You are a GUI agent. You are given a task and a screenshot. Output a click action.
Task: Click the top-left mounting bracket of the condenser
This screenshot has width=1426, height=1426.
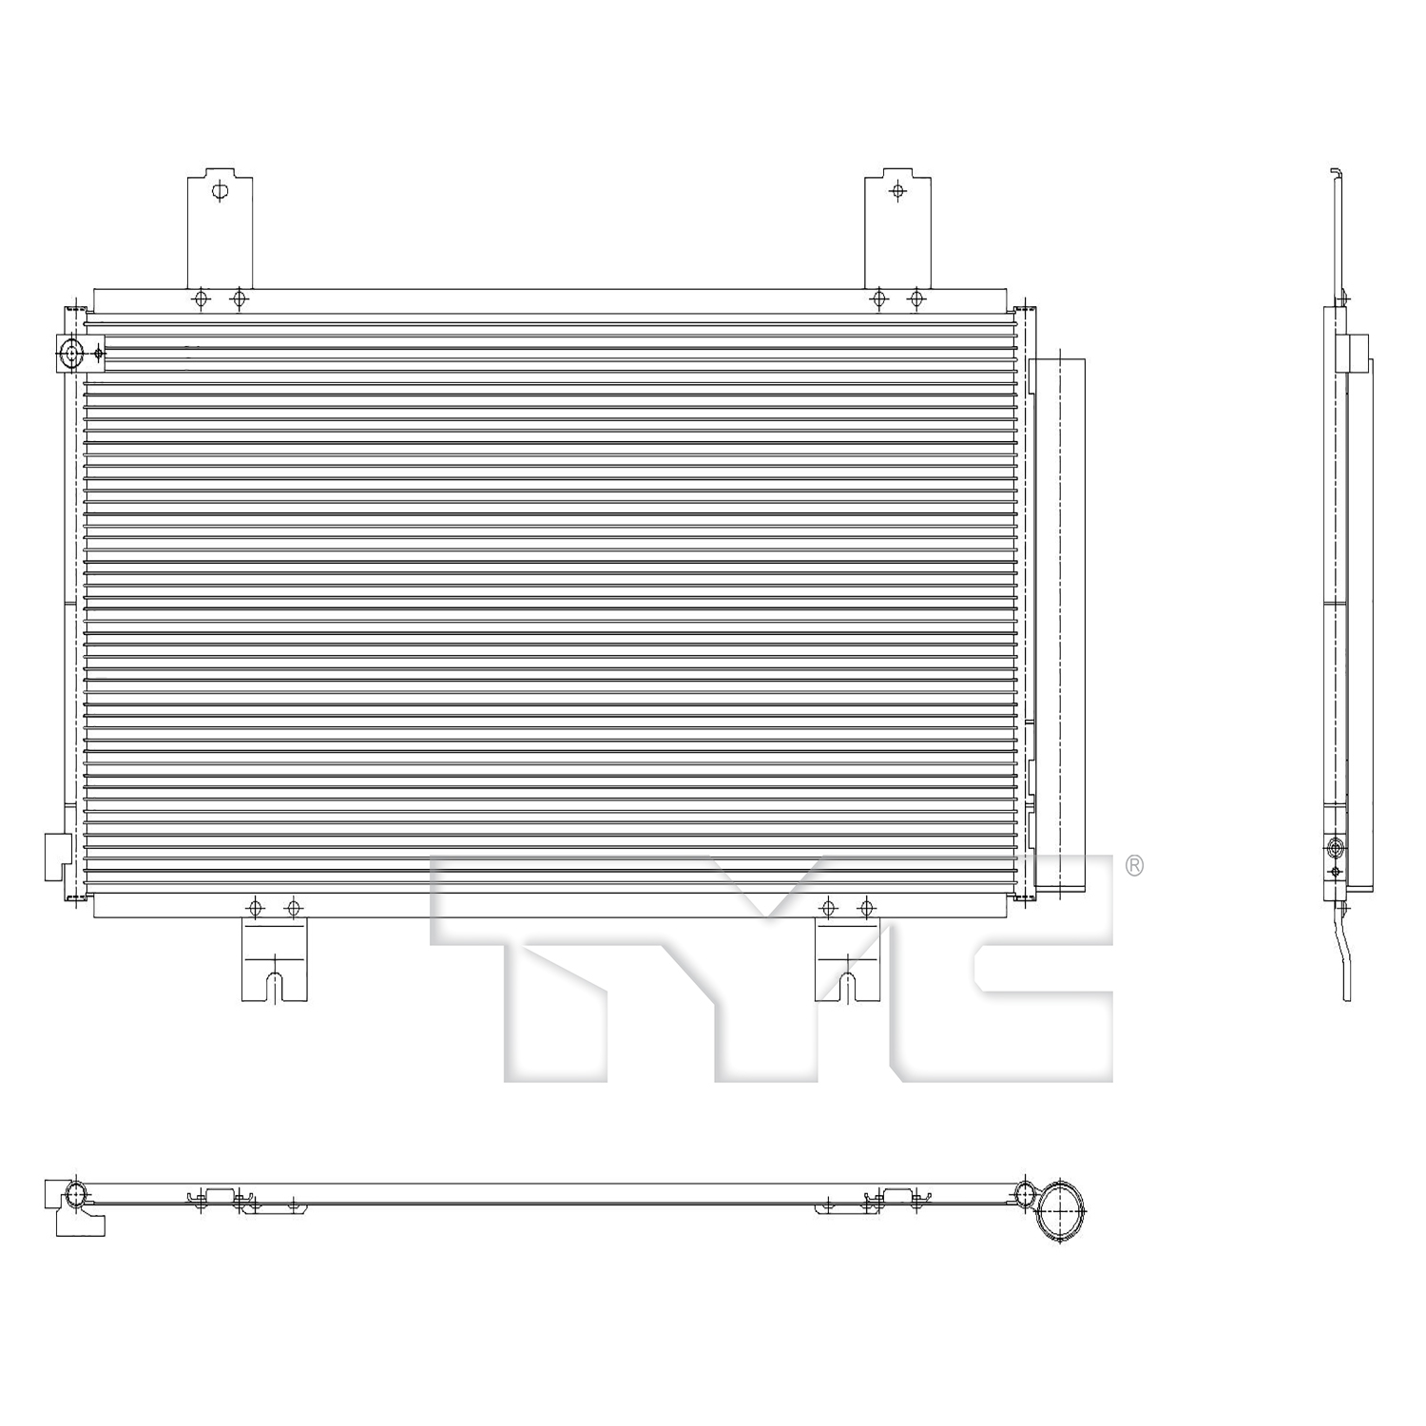tap(220, 228)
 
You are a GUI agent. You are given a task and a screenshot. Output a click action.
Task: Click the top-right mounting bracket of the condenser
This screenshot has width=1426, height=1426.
tap(897, 228)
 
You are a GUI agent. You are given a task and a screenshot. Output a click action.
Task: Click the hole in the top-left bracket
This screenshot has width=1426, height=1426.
tap(221, 191)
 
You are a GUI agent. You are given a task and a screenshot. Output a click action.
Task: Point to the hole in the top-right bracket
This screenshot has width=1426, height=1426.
tap(898, 191)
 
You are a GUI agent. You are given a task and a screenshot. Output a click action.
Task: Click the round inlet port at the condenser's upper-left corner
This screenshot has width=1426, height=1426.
tap(71, 355)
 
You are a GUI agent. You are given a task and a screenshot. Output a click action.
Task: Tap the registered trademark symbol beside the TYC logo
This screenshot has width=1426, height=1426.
tap(1134, 865)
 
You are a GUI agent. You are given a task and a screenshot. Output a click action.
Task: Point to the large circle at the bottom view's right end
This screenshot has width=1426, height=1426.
tap(1058, 1212)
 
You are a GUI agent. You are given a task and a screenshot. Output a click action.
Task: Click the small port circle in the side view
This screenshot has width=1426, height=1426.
tap(1336, 847)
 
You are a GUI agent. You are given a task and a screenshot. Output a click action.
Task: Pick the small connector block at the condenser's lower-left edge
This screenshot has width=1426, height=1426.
tap(57, 855)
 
